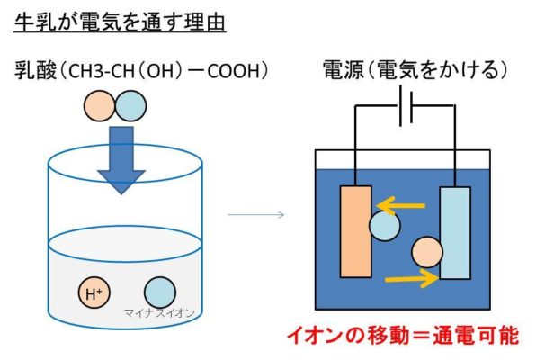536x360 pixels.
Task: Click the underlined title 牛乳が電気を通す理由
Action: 120,22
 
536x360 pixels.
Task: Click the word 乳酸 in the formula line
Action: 35,71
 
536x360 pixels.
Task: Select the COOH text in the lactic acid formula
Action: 233,71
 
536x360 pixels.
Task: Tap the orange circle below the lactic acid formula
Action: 99,105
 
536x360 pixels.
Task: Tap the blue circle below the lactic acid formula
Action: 130,105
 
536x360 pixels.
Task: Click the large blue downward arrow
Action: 121,160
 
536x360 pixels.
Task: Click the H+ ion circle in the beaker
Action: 94,292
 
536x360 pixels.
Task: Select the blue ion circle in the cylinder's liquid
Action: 160,292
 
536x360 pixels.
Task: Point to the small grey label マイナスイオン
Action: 159,313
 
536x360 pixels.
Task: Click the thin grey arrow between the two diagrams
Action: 255,214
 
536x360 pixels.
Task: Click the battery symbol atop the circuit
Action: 406,105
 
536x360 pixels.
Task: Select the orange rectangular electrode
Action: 355,231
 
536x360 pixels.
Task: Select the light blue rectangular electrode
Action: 455,233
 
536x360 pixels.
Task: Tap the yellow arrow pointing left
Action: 400,206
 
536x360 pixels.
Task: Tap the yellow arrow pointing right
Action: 412,278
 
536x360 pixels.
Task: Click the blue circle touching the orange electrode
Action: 385,226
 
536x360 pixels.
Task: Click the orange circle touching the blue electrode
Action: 427,253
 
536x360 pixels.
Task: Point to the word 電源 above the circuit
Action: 344,70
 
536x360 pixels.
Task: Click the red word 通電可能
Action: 476,336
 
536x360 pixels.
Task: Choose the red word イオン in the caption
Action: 315,336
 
